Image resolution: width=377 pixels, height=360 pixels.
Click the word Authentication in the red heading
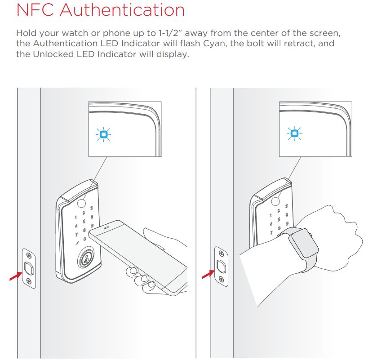pos(122,10)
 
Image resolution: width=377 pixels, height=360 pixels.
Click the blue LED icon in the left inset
pos(103,134)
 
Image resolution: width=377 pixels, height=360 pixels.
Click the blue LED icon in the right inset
pos(294,133)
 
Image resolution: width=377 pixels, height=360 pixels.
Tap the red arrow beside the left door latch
pos(16,276)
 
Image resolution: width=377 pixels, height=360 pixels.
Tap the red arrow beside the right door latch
pos(208,274)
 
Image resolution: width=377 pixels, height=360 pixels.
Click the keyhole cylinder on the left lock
pos(85,259)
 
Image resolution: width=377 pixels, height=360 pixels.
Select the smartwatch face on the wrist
pos(304,243)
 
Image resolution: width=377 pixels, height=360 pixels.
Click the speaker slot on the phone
pos(106,227)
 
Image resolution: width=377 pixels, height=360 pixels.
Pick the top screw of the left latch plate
pos(29,255)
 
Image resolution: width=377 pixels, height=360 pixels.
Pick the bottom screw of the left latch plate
pos(29,280)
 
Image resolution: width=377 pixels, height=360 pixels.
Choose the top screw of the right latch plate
pos(221,253)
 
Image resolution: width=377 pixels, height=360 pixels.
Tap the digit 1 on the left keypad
pos(76,218)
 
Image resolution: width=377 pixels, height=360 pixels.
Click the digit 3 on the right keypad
pos(286,206)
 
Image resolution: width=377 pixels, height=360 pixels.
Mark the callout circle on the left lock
pos(81,203)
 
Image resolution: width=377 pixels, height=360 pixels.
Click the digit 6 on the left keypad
pos(92,217)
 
